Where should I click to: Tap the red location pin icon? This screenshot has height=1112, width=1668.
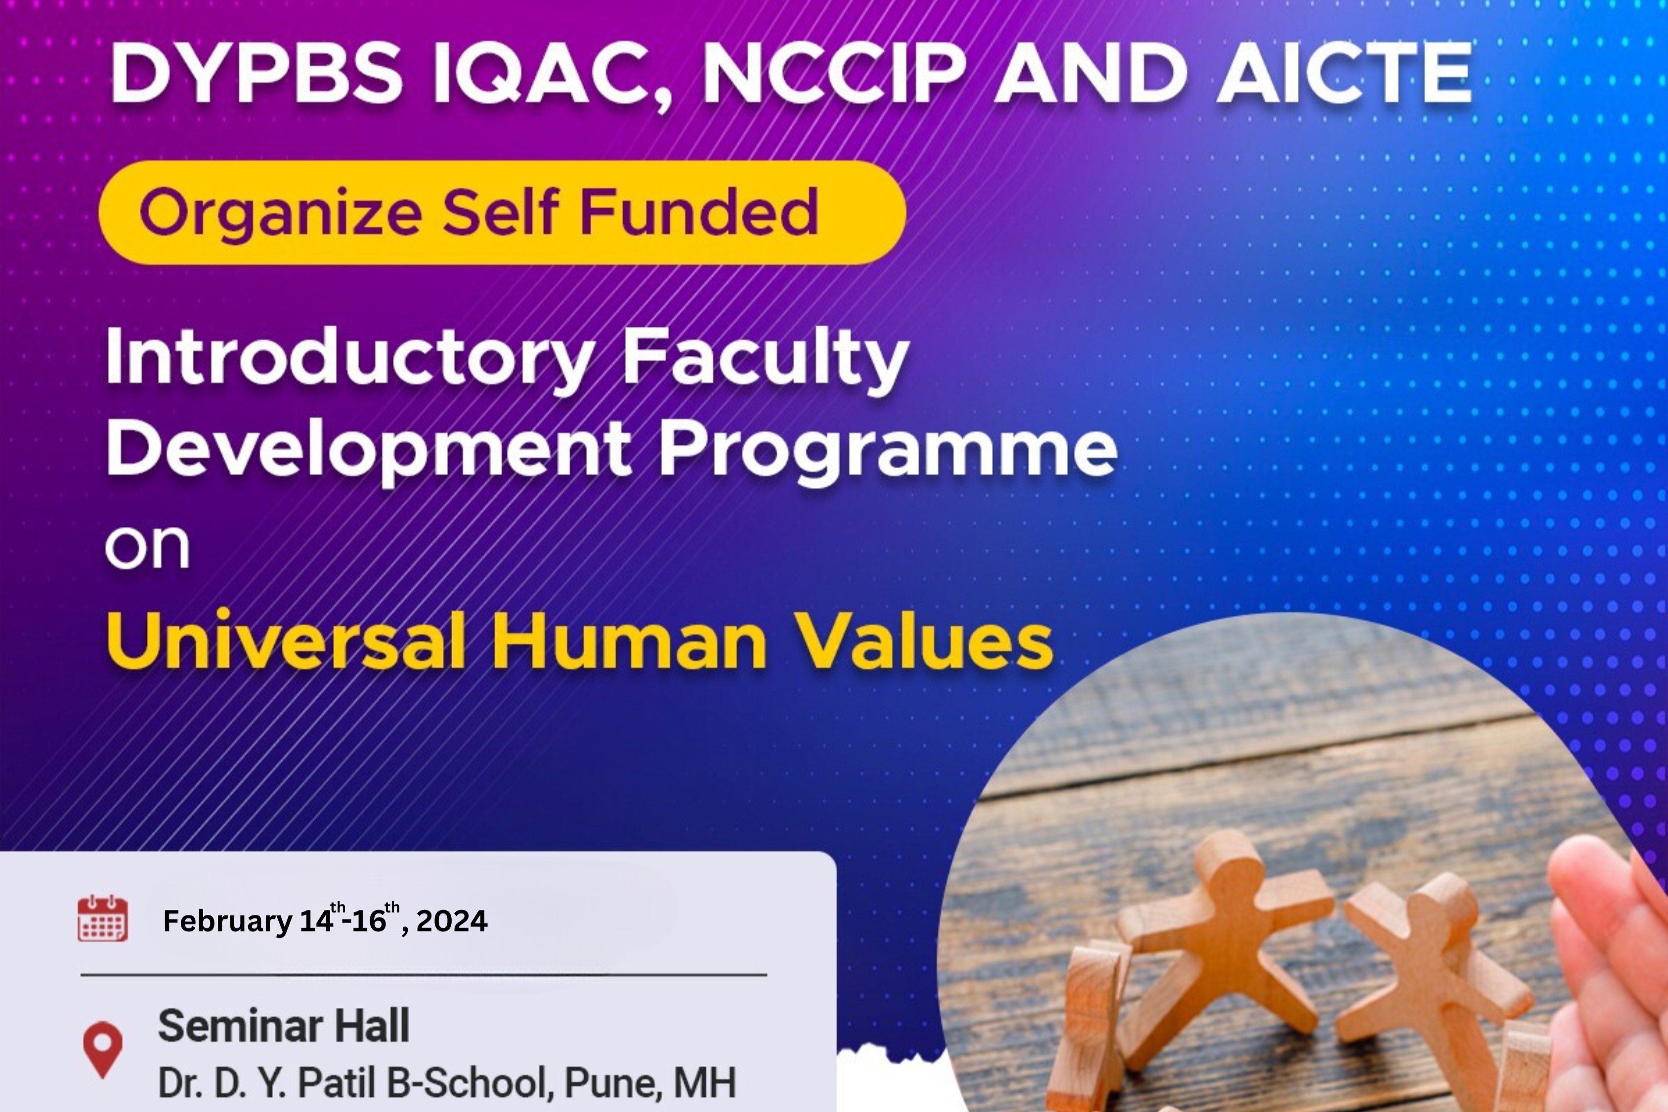(x=103, y=1049)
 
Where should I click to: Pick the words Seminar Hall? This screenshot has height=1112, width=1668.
(x=284, y=1026)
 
